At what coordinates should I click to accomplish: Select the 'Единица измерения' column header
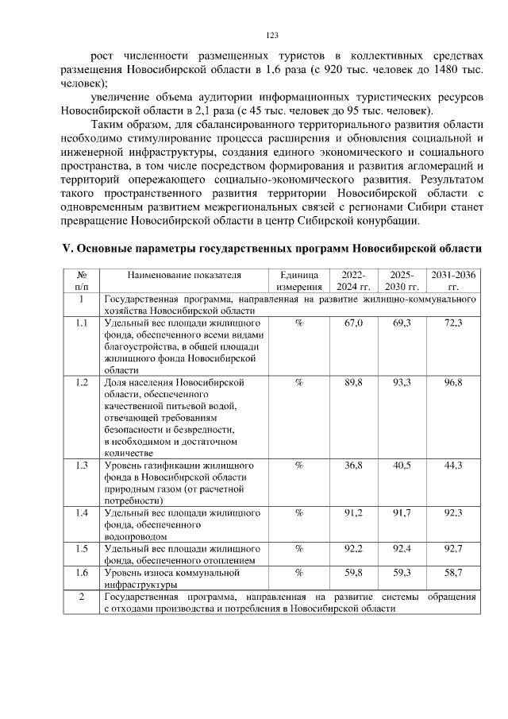298,280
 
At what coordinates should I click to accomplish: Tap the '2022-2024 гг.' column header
353,280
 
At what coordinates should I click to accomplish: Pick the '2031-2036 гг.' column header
453,280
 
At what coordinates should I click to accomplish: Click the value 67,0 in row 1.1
353,324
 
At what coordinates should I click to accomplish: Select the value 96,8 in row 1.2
453,383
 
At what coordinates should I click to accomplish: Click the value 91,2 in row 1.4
353,513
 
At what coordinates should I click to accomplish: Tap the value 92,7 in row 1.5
453,549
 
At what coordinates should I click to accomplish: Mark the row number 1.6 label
81,572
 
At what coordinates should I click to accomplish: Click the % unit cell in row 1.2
298,383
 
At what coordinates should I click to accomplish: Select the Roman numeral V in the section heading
67,248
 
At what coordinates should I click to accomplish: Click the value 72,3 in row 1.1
453,324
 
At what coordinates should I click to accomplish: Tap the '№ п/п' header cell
81,280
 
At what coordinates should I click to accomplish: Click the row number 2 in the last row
81,596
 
